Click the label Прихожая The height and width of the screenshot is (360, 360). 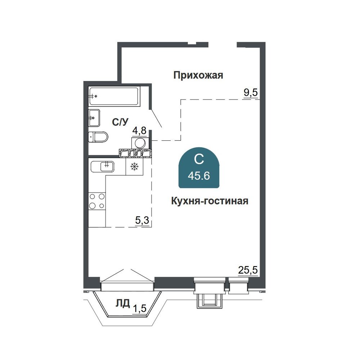tap(198, 75)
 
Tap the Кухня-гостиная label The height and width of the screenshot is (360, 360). tap(210, 201)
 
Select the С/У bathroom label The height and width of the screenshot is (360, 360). tap(120, 122)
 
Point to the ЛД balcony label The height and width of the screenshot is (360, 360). tap(123, 303)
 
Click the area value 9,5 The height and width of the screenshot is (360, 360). tap(251, 93)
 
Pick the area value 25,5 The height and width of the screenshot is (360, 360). tap(248, 270)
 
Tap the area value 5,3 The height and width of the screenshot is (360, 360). tap(142, 220)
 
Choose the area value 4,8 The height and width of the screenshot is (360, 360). tap(139, 131)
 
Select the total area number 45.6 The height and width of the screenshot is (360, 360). tap(199, 176)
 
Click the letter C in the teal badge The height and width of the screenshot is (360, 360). tap(199, 159)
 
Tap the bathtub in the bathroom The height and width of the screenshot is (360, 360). tap(114, 96)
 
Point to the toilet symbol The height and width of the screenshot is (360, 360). tap(98, 137)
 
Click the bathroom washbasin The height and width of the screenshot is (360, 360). tap(94, 118)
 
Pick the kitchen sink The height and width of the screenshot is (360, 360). tap(102, 166)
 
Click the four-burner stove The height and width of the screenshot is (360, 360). tap(97, 201)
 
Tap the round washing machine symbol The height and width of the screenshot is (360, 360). tap(140, 143)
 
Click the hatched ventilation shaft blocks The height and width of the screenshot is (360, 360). tap(135, 153)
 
